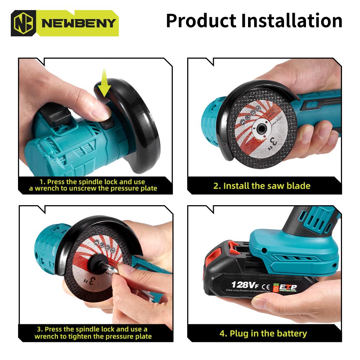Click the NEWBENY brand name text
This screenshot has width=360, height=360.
tap(78, 23)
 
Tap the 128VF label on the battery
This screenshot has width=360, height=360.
tap(245, 285)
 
